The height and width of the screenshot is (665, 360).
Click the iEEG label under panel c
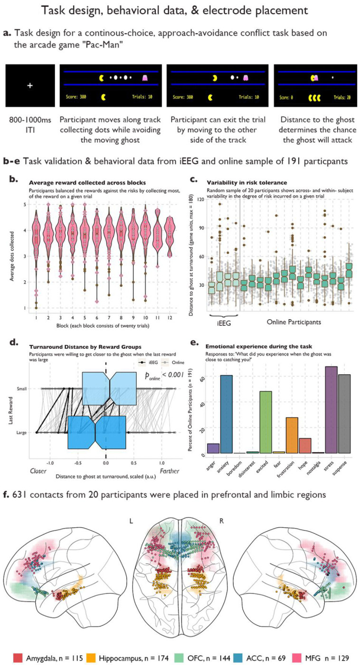(224, 322)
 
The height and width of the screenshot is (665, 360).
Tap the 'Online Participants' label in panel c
(294, 322)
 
